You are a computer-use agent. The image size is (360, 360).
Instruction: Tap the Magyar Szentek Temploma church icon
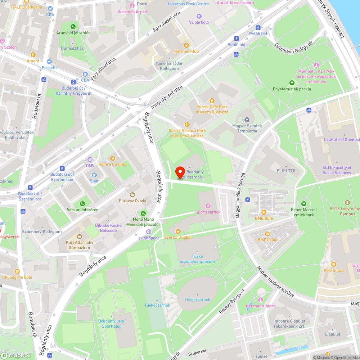pyautogui.click(x=247, y=120)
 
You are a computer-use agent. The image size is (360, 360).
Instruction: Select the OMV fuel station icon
pyautogui.click(x=90, y=159)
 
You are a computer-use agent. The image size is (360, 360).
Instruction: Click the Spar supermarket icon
pyautogui.click(x=94, y=175)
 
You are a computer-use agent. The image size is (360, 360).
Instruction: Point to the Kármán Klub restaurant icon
pyautogui.click(x=186, y=45)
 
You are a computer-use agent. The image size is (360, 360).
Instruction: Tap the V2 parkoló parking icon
pyautogui.click(x=199, y=16)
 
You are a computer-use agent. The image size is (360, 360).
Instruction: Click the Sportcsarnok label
pyautogui.click(x=208, y=212)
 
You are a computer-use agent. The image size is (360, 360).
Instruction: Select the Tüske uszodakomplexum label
pyautogui.click(x=197, y=259)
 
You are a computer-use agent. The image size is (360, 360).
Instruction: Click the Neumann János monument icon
pyautogui.click(x=261, y=300)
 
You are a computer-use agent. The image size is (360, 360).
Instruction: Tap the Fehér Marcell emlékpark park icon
pyautogui.click(x=303, y=203)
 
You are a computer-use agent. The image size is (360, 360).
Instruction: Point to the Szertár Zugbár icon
pyautogui.click(x=177, y=231)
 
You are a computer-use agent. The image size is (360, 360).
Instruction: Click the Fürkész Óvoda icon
pyautogui.click(x=132, y=194)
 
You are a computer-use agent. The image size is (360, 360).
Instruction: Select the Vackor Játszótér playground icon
pyautogui.click(x=82, y=204)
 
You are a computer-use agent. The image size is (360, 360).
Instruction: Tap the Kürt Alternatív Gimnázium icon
pyautogui.click(x=80, y=237)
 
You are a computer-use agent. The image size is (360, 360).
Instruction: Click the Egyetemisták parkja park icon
pyautogui.click(x=292, y=83)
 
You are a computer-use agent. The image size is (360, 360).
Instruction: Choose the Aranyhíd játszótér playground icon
pyautogui.click(x=73, y=27)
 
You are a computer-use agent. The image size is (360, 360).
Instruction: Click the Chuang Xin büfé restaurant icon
pyautogui.click(x=17, y=271)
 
